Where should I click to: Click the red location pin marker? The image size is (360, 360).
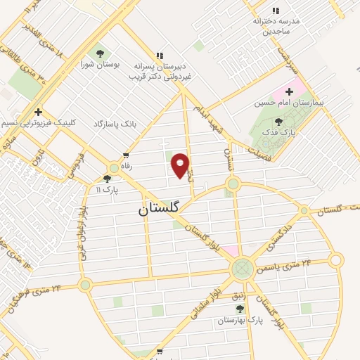tap(181, 165)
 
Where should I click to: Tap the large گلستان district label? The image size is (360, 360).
tap(158, 208)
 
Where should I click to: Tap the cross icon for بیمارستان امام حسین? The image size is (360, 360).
tap(289, 91)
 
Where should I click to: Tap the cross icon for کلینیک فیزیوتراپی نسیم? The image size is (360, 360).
tap(37, 112)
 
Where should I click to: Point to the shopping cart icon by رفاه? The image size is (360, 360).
tap(126, 156)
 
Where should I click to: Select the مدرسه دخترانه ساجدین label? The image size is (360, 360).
tap(276, 26)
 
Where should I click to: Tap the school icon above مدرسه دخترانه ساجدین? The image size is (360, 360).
tap(275, 11)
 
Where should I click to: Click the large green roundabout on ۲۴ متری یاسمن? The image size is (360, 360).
tap(243, 268)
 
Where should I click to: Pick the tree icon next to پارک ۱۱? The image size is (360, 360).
tap(107, 179)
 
